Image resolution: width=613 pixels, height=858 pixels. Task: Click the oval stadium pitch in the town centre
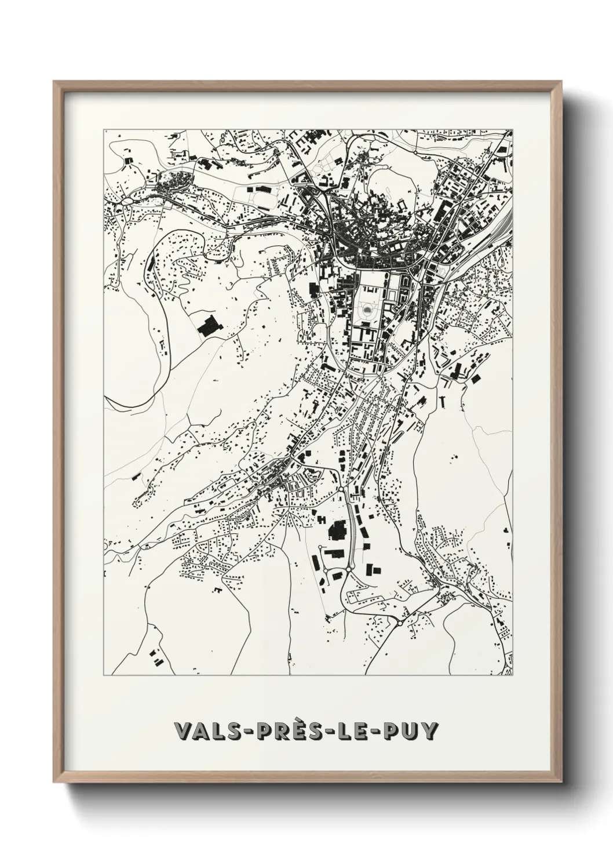[x=367, y=311]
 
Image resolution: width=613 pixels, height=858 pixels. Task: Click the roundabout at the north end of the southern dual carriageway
[x=341, y=490]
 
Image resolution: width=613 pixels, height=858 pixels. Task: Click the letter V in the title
[x=184, y=731]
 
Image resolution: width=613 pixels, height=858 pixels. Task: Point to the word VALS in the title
[x=209, y=731]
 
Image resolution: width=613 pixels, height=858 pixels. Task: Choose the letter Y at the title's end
[x=429, y=731]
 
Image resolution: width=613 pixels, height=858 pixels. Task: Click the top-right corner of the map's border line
[x=512, y=130]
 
